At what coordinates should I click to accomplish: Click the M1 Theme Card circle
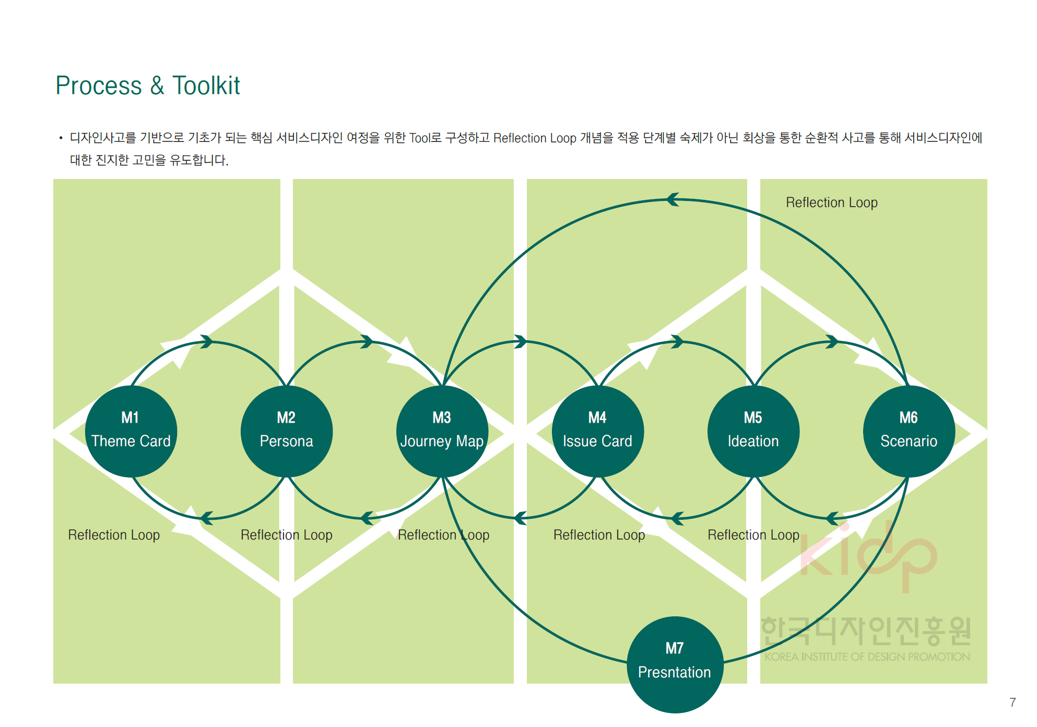(131, 431)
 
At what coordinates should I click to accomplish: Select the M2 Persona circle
(287, 431)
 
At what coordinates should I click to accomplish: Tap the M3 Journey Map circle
(442, 431)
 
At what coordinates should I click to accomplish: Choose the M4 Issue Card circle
(598, 431)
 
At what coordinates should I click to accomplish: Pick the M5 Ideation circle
(753, 431)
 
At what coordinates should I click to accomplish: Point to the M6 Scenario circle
(909, 431)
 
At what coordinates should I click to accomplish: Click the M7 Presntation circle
(675, 664)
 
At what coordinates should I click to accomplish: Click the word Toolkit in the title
(206, 86)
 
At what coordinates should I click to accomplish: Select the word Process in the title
(99, 86)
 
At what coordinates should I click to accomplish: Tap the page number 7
(1012, 702)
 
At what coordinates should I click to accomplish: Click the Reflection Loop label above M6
(831, 202)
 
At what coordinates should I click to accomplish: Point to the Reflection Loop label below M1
(114, 535)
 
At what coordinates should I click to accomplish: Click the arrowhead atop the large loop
(673, 199)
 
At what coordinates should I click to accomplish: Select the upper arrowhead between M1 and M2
(207, 342)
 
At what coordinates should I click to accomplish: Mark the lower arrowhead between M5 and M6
(832, 518)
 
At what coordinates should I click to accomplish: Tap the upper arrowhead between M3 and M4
(520, 342)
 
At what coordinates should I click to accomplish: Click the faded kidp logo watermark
(868, 556)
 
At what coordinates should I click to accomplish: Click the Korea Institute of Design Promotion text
(867, 657)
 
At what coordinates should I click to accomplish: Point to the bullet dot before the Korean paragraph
(61, 138)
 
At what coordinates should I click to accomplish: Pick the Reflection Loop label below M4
(599, 535)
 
